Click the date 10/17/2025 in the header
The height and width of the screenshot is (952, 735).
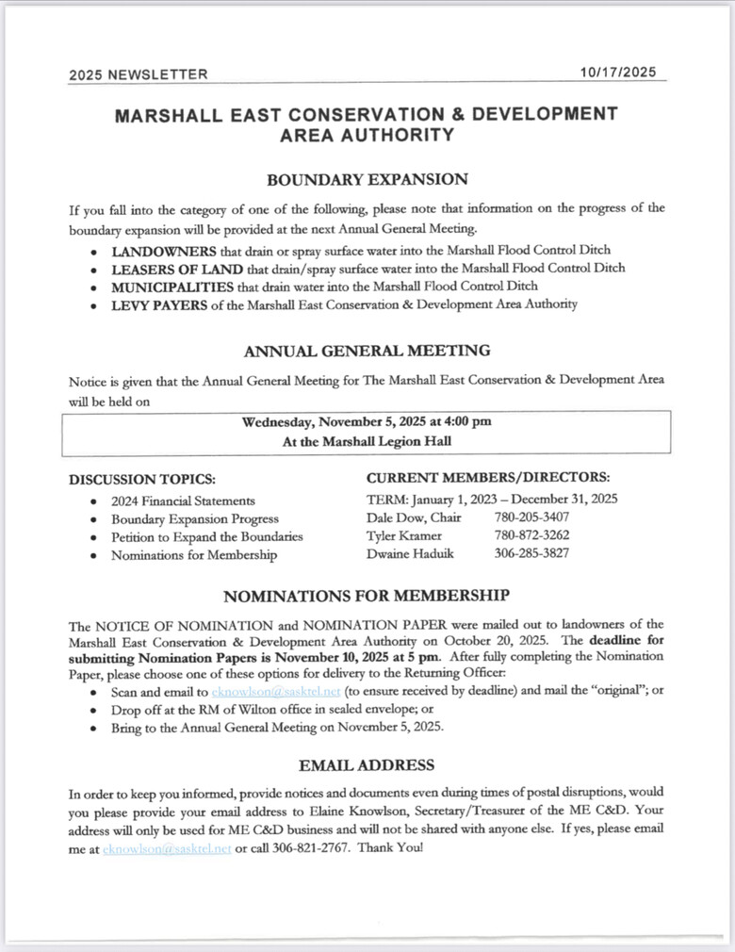(619, 73)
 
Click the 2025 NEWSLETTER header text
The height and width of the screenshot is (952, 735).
(138, 74)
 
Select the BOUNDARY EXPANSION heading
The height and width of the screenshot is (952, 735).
(367, 179)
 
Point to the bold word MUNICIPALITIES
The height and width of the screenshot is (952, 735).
(172, 286)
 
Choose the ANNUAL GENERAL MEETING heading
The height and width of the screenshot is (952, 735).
(367, 351)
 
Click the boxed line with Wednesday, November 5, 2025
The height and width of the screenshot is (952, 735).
(367, 421)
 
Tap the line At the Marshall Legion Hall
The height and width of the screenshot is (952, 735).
(366, 440)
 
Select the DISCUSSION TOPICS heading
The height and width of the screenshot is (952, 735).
(142, 479)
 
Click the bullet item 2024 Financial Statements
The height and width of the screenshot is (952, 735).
(183, 501)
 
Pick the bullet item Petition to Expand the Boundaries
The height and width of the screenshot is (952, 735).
(206, 536)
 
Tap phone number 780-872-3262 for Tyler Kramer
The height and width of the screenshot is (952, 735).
(531, 535)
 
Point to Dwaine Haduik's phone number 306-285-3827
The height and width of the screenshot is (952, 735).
(531, 553)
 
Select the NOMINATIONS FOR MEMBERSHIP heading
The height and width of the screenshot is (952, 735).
(367, 596)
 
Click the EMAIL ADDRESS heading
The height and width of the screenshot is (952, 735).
(367, 764)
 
